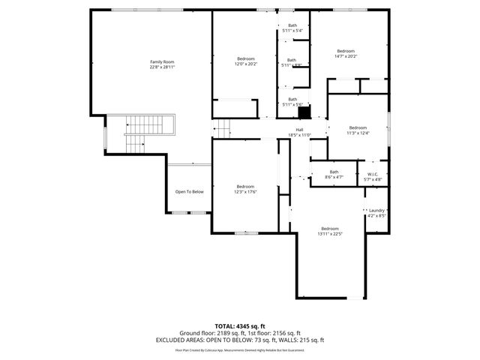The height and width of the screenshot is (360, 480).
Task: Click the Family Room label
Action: tap(162, 61)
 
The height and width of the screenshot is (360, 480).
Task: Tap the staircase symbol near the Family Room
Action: tap(139, 133)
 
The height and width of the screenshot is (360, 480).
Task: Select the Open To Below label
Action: tap(190, 192)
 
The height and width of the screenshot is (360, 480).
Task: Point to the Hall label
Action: tap(299, 130)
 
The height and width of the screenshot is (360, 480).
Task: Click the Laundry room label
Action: tap(376, 211)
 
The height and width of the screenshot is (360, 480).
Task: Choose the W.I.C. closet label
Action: tap(373, 174)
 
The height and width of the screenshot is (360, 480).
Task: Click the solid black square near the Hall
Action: tap(304, 112)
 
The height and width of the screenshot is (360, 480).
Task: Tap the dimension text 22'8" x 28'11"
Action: tap(162, 66)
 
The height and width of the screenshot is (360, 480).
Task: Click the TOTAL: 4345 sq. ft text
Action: tap(239, 326)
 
